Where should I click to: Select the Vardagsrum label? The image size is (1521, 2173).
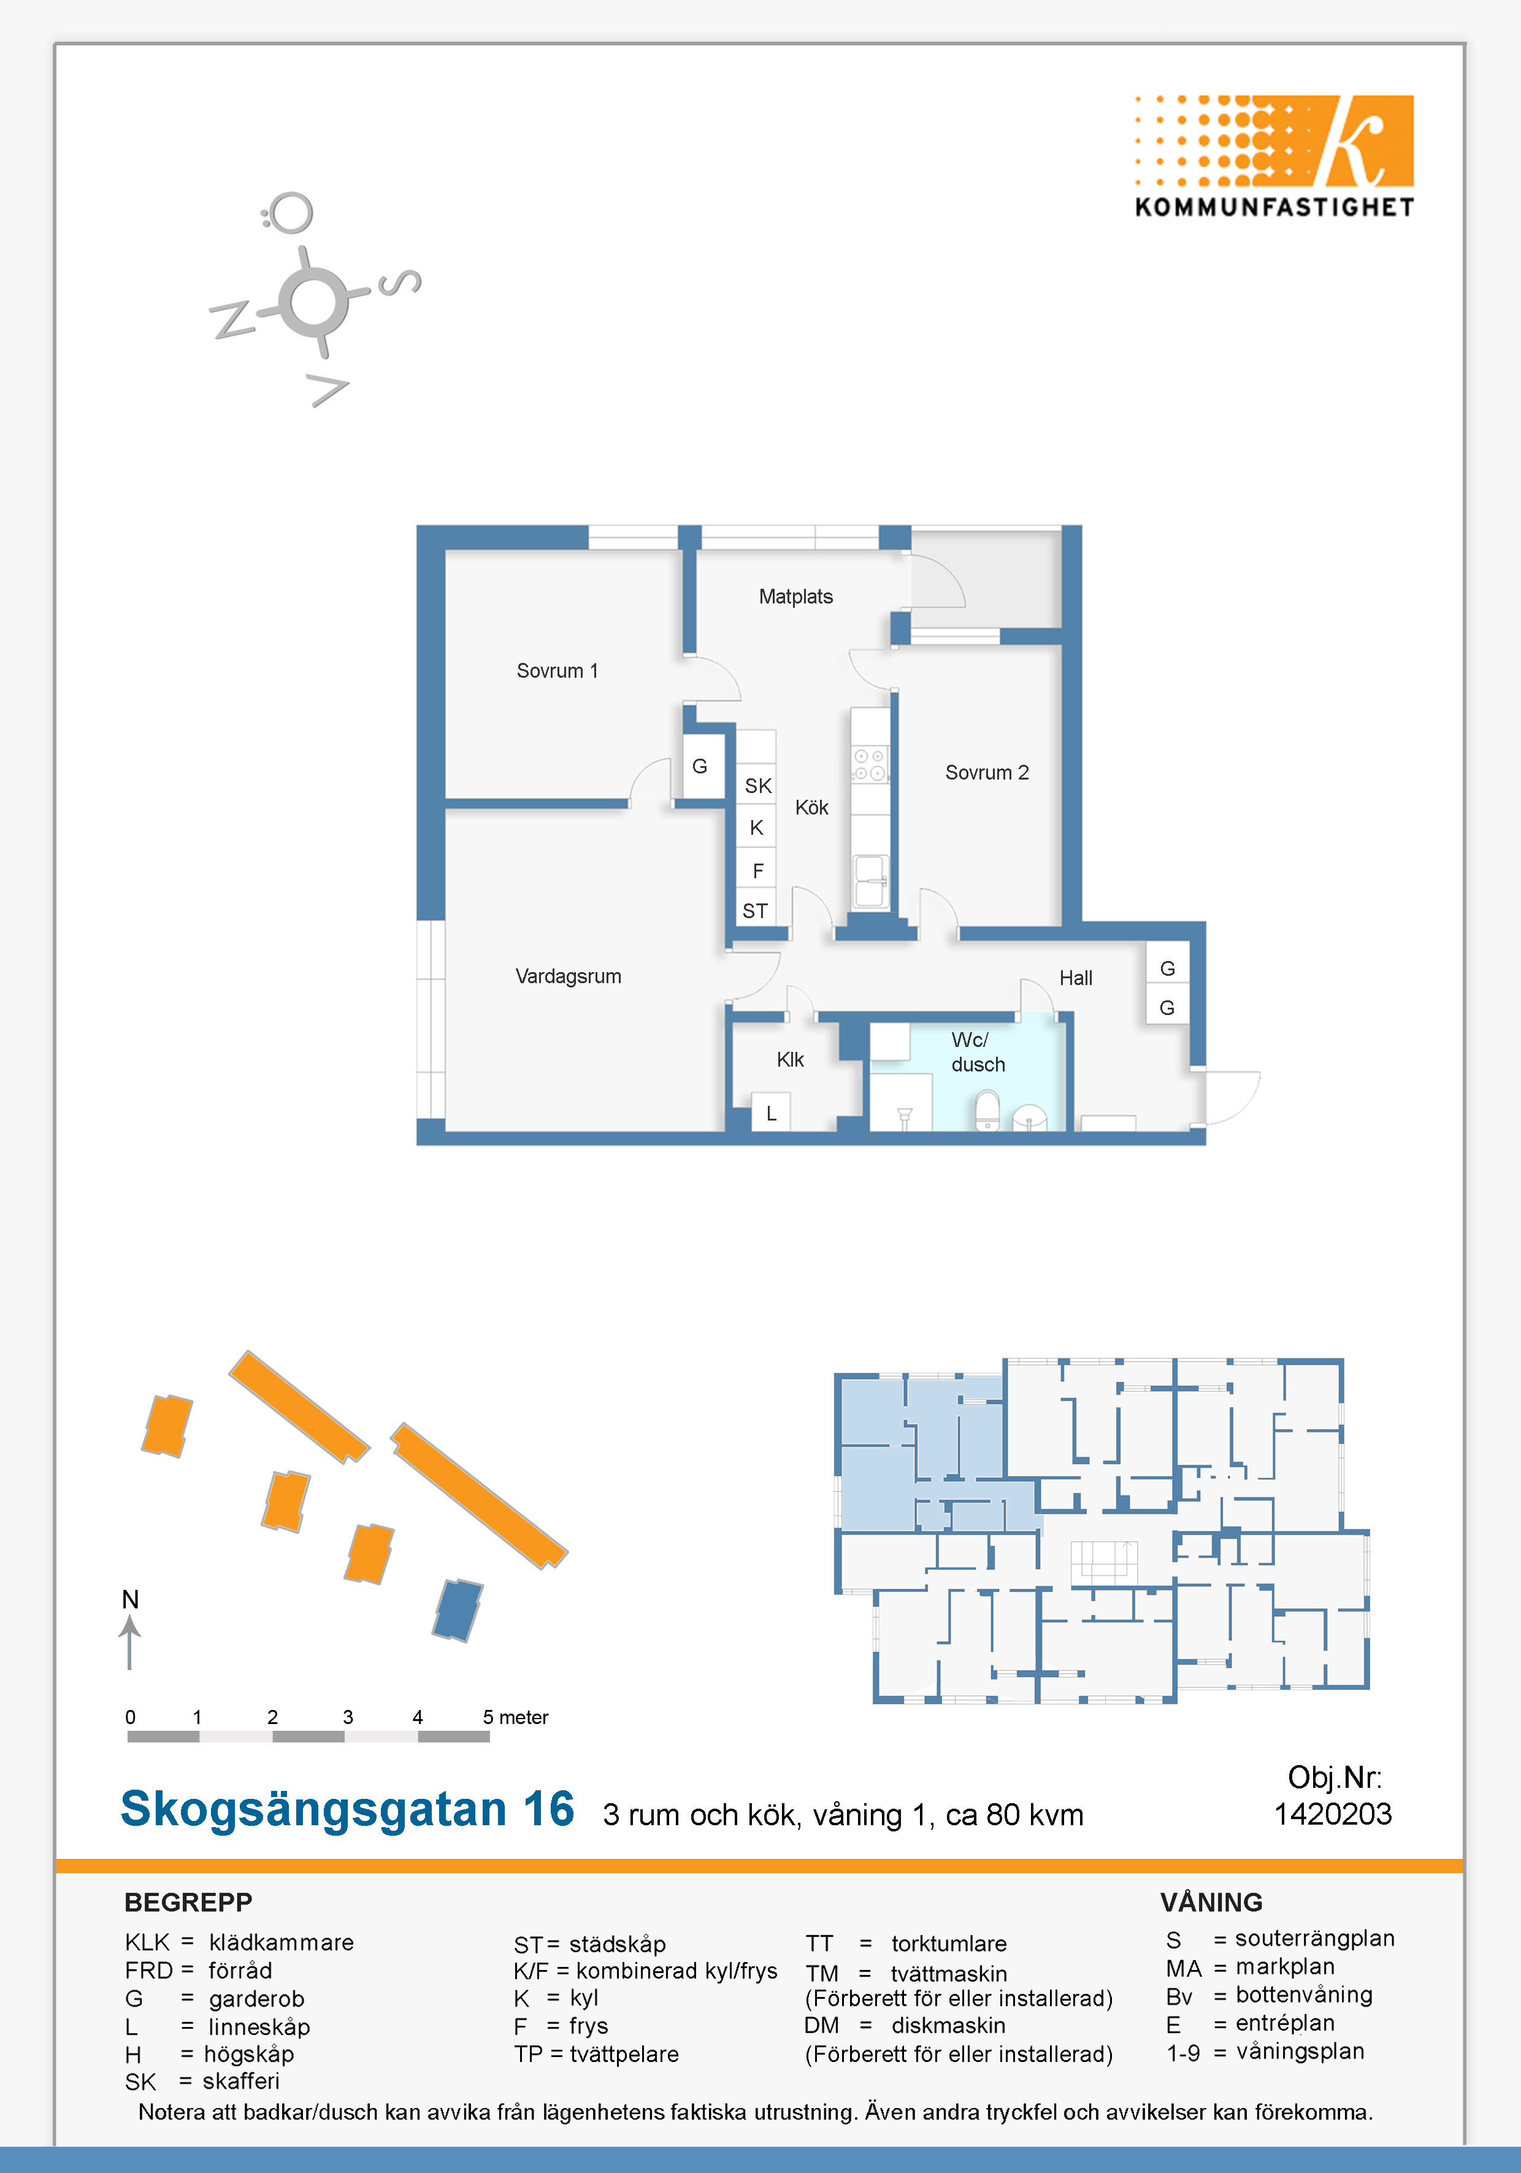(x=568, y=976)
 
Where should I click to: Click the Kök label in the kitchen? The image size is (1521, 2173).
(x=811, y=807)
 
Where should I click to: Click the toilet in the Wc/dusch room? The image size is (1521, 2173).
(x=987, y=1109)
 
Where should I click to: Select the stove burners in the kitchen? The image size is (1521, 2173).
(x=870, y=765)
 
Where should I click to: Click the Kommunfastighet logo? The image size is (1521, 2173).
(x=1274, y=156)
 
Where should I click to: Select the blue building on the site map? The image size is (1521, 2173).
(x=457, y=1610)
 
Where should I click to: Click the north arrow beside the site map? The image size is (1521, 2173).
(x=129, y=1642)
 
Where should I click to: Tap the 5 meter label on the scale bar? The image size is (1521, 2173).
(x=516, y=1717)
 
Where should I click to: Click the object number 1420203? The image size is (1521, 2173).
(x=1333, y=1814)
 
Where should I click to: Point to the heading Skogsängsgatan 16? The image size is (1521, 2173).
(x=347, y=1809)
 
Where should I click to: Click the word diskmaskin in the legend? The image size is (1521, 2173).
(x=948, y=2025)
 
